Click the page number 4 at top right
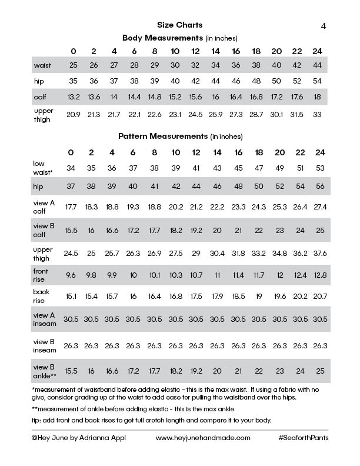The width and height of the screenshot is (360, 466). pos(324,25)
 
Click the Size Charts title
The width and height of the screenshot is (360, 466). pos(180,25)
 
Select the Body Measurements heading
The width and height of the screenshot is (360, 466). pos(179,38)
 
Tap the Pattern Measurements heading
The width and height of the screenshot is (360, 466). pos(179,137)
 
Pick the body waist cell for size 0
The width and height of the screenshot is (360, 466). pos(73,64)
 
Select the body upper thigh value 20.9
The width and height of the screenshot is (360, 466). pos(73,114)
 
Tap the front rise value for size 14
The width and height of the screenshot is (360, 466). pos(217,275)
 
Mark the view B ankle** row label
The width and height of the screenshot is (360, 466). pos(45,371)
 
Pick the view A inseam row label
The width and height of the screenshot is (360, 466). pos(45,320)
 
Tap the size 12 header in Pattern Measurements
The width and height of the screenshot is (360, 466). pos(196,152)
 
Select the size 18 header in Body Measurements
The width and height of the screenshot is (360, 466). pos(256,50)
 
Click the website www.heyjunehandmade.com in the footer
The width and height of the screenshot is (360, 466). pos(203,438)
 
